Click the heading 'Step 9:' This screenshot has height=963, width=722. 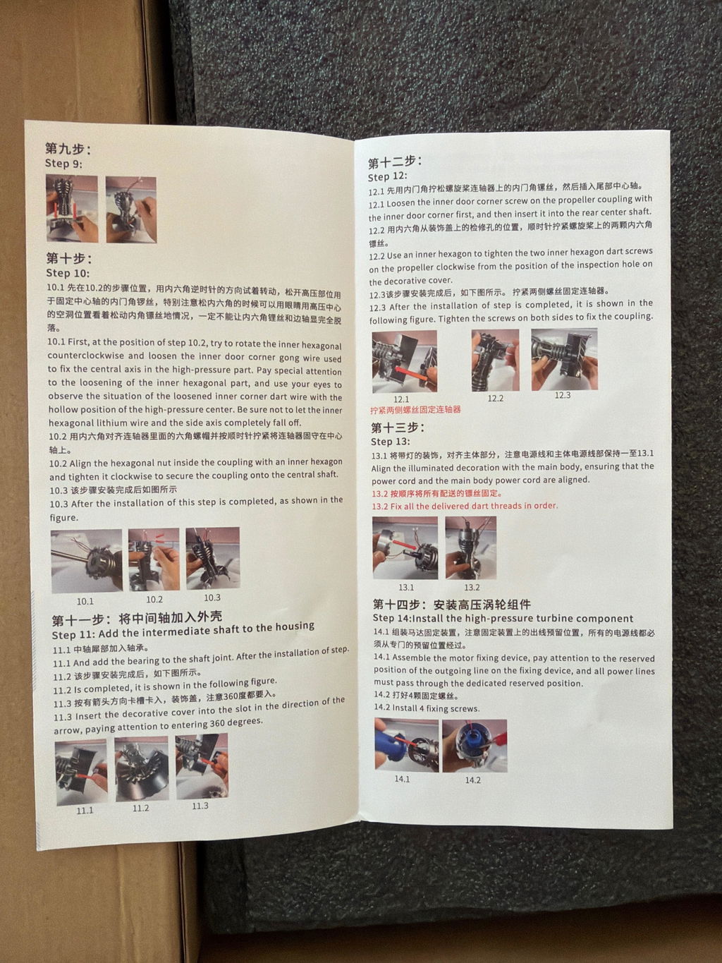(x=63, y=164)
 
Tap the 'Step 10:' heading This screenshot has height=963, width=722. (x=68, y=273)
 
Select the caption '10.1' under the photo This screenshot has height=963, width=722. (x=85, y=601)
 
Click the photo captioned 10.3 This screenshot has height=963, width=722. (x=213, y=557)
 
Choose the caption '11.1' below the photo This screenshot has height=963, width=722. (x=85, y=811)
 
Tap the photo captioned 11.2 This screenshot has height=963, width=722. (x=142, y=769)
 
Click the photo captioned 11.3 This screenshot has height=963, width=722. (x=202, y=766)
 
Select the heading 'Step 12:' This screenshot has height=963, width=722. (x=388, y=177)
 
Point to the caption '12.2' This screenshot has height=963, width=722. (x=496, y=398)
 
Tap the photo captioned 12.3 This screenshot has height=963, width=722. (x=564, y=359)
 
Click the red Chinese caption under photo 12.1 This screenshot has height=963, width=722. (x=415, y=410)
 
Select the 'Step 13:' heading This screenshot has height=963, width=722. (x=391, y=442)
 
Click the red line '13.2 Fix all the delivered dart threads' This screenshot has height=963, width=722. (x=465, y=506)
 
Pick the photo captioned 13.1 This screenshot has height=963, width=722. (x=405, y=547)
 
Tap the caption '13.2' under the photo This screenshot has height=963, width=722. (x=472, y=587)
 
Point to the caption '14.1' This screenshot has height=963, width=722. (x=402, y=779)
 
